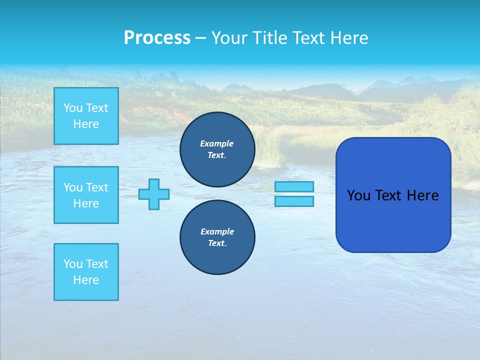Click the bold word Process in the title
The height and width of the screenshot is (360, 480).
pos(157,38)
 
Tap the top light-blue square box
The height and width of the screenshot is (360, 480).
pos(86,116)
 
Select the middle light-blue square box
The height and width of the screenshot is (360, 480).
pos(86,195)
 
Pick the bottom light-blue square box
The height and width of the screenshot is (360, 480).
pos(86,272)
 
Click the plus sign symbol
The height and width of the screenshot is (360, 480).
pos(154,194)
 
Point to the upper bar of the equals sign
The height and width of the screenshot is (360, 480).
pos(294,186)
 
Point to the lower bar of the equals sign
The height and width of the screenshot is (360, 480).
pos(294,201)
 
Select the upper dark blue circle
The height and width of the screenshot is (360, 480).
pos(217,149)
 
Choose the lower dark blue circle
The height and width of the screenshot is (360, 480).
pos(217,237)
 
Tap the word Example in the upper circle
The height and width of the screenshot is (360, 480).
pos(217,143)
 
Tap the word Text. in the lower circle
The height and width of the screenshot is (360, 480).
pos(217,243)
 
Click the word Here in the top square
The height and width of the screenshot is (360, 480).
pos(86,124)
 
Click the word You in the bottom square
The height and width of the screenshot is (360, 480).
pos(73,264)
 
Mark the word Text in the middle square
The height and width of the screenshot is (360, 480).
pos(96,187)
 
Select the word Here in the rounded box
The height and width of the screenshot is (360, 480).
pos(422,195)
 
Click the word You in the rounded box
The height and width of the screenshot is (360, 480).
pos(359,195)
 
